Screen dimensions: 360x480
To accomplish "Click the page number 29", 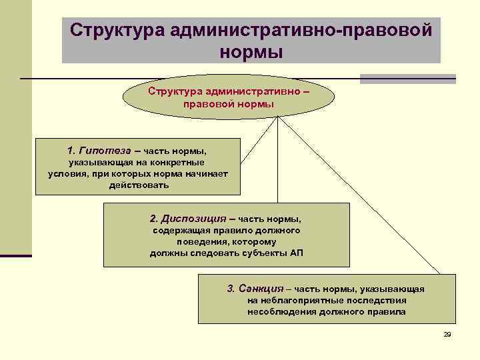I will (x=447, y=334).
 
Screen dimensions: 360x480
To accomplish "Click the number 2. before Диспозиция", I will (x=155, y=218).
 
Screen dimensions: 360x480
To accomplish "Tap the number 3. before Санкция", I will (x=231, y=289).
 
